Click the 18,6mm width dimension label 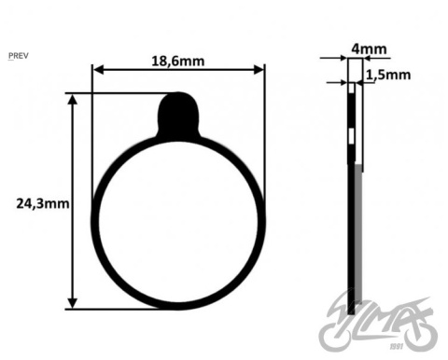click(178, 61)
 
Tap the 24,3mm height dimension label click(43, 204)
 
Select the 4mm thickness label click(369, 49)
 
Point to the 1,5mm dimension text click(388, 75)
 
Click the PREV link click(19, 56)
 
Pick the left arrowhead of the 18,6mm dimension click(98, 70)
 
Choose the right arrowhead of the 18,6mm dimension click(259, 70)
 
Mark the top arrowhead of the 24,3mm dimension click(73, 100)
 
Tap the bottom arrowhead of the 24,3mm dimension click(73, 303)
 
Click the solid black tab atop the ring click(178, 116)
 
